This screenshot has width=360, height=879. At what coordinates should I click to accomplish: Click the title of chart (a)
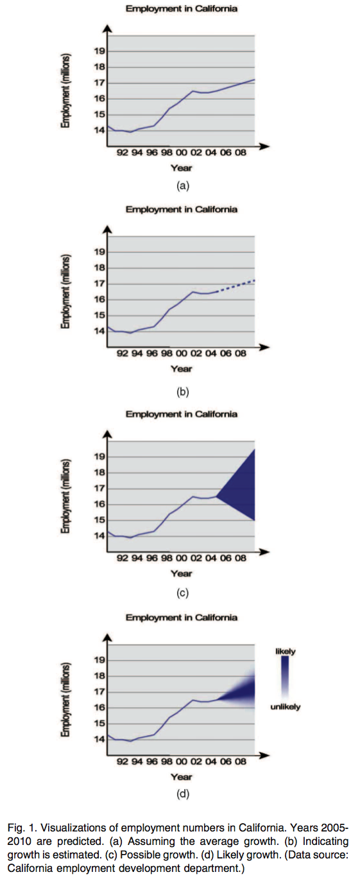(x=181, y=8)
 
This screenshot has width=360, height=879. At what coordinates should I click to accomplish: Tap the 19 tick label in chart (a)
(x=99, y=51)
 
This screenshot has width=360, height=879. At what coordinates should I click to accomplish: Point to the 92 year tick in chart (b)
(x=123, y=353)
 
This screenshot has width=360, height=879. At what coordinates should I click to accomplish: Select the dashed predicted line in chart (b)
(x=236, y=286)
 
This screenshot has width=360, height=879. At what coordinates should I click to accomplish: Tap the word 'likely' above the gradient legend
(x=285, y=652)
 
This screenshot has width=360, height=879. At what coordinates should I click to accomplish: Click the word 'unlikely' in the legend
(x=285, y=707)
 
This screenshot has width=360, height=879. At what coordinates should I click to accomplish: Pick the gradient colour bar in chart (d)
(x=285, y=679)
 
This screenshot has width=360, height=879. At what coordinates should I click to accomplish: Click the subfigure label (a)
(x=182, y=186)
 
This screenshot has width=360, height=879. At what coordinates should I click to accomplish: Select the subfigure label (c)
(x=182, y=593)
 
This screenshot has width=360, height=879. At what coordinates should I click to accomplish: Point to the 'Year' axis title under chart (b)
(x=181, y=369)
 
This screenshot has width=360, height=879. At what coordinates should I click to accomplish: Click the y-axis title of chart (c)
(x=65, y=496)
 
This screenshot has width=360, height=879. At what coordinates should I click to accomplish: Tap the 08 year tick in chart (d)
(x=241, y=762)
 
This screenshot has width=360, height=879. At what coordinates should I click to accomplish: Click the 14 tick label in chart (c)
(x=99, y=536)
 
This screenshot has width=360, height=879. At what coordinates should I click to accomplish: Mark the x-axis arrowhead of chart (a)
(x=264, y=146)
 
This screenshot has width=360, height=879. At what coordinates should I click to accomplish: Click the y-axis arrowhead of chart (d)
(x=107, y=638)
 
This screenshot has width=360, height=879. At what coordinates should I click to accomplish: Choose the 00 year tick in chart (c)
(x=181, y=558)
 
